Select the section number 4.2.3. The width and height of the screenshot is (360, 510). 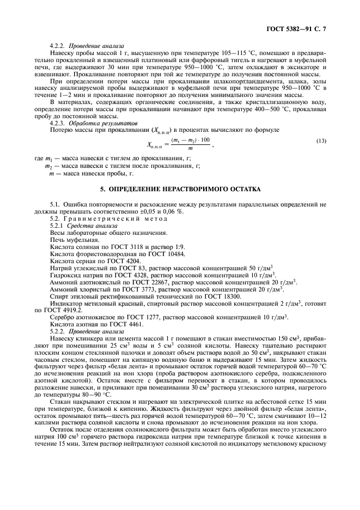click(58, 124)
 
